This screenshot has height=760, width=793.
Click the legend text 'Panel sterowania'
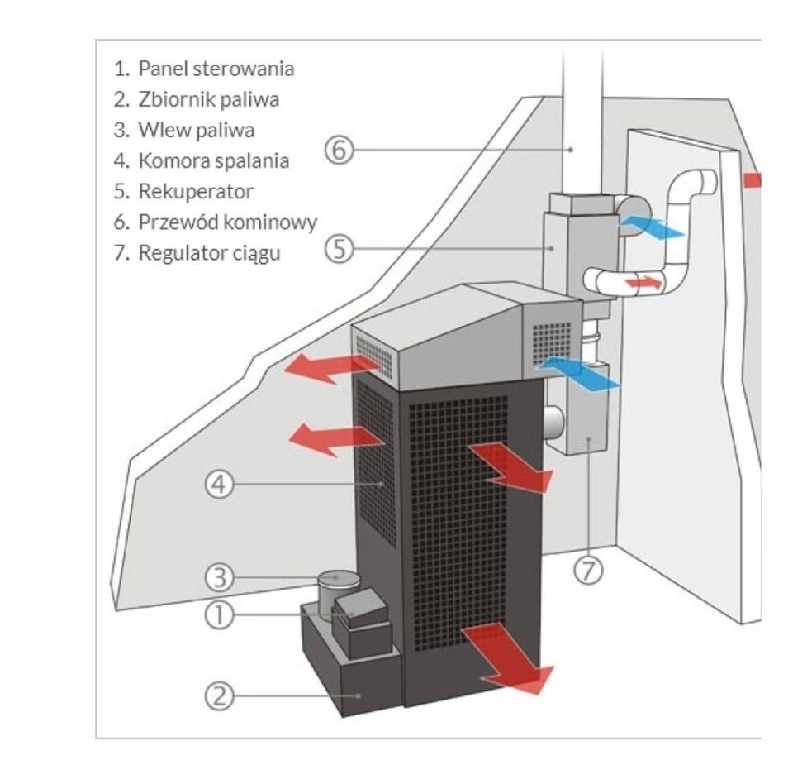click(x=216, y=68)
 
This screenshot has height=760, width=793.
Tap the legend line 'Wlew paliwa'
click(x=196, y=130)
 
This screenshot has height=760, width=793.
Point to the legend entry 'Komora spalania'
click(x=213, y=160)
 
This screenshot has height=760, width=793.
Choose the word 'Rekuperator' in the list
click(x=195, y=191)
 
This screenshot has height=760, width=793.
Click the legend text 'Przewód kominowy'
click(x=227, y=222)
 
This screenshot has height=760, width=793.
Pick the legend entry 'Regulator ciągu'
click(x=209, y=252)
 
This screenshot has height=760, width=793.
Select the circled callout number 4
click(x=219, y=485)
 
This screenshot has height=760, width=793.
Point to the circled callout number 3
click(x=218, y=576)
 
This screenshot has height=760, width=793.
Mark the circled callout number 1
click(x=218, y=614)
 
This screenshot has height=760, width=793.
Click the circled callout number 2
click(x=218, y=696)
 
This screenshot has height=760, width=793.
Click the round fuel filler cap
click(x=340, y=579)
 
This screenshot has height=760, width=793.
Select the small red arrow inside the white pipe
click(x=643, y=283)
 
